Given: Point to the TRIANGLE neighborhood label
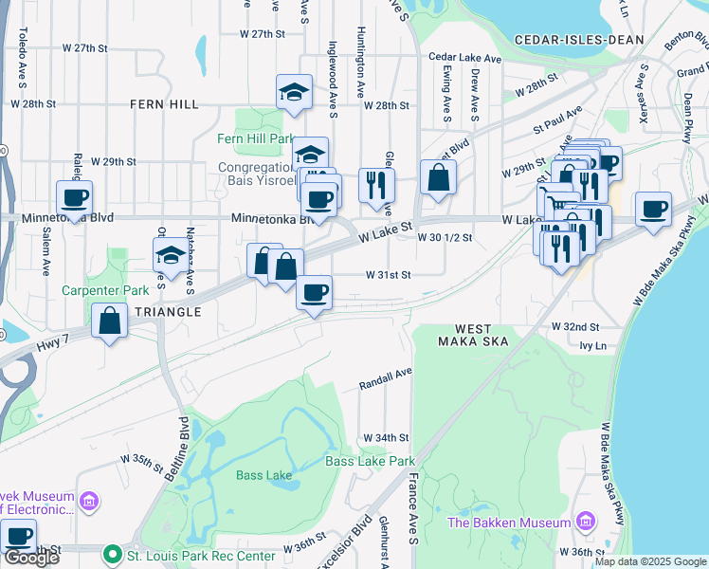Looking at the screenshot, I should coord(167,312).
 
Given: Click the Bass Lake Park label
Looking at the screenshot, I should coord(370,462).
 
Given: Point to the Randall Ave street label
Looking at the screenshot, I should coord(385,380).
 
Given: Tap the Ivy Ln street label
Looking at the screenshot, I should coord(591,346).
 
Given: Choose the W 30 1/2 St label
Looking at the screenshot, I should coord(445,238).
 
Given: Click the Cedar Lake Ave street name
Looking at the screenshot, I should coord(464,58).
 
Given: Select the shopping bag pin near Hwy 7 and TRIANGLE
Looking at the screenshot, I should coord(110,320).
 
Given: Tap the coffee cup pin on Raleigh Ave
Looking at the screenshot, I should coord(74,198).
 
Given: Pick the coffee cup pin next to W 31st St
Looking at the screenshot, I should coord(314,292).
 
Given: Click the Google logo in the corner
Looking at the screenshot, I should coord(30,558).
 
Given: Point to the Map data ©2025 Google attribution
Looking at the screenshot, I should coord(650,561).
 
